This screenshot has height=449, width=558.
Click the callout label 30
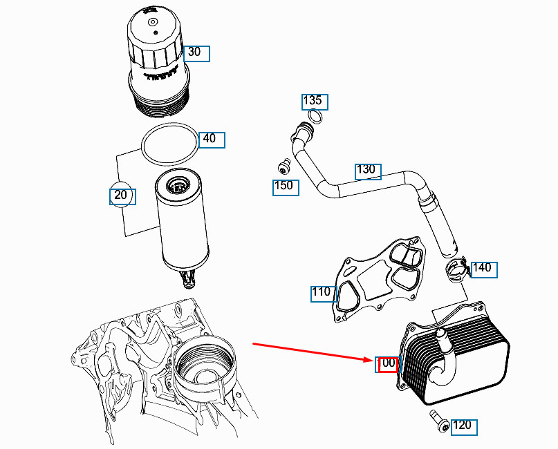[x=196, y=52]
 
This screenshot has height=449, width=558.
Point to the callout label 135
[x=314, y=102]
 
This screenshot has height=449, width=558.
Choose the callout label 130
[x=367, y=171]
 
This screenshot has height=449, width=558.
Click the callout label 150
[x=285, y=187]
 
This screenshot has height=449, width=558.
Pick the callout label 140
[x=483, y=268]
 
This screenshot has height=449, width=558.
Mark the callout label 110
[x=322, y=293]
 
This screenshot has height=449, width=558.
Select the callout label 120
[x=463, y=426]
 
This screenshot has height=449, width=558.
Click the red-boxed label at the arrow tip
[x=388, y=363]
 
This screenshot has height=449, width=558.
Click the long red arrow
[x=311, y=351]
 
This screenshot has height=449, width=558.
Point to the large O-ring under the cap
[x=169, y=144]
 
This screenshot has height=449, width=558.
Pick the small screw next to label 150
[x=282, y=165]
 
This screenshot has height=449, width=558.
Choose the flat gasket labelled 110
[x=377, y=280]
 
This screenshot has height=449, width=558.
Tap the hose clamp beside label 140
[x=456, y=271]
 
